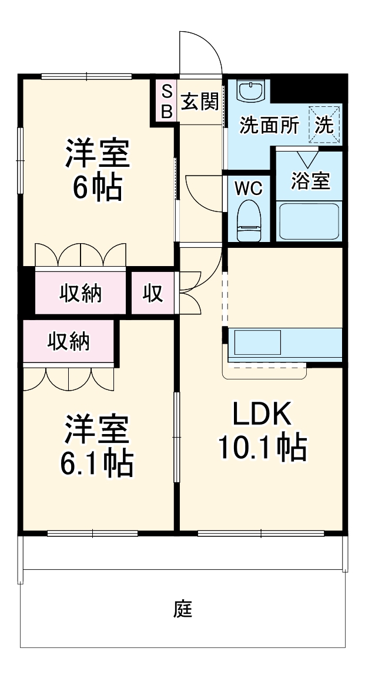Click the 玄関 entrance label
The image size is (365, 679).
pyautogui.click(x=199, y=103)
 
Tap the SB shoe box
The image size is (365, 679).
pyautogui.click(x=167, y=101)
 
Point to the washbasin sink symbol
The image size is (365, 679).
pyautogui.click(x=252, y=90)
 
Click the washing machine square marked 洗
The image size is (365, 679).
pyautogui.click(x=325, y=125)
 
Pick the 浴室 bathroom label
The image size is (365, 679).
pyautogui.click(x=310, y=180)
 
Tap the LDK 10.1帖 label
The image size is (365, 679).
pyautogui.click(x=262, y=432)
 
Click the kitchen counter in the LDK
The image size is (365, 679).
pyautogui.click(x=284, y=343)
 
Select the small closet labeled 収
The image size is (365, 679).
pyautogui.click(x=153, y=292)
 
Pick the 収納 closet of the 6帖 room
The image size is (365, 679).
pyautogui.click(x=81, y=292)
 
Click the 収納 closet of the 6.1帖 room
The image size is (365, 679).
pyautogui.click(x=69, y=341)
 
